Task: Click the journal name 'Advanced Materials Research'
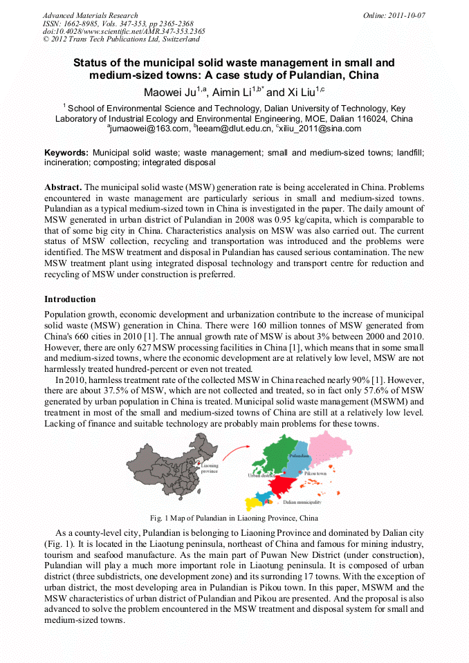90,15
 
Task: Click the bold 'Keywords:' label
66,152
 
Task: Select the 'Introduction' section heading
70,299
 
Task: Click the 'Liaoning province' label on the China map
210,469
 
